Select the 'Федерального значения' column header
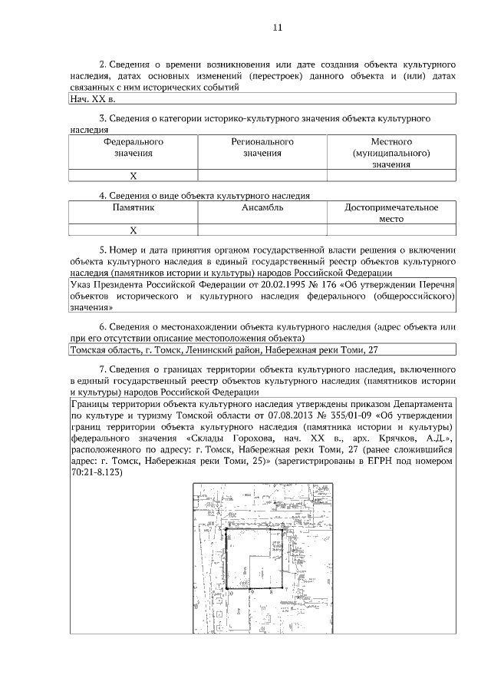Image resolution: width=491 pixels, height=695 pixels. click(x=133, y=148)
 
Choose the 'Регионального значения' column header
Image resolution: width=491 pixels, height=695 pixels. click(x=262, y=148)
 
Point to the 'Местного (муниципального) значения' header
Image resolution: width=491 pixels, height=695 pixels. click(x=391, y=153)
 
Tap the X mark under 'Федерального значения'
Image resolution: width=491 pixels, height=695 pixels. click(x=133, y=176)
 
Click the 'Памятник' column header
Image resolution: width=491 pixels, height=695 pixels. click(x=133, y=208)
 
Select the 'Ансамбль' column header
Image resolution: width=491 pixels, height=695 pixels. click(x=262, y=208)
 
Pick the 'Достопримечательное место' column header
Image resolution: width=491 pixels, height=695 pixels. click(x=391, y=213)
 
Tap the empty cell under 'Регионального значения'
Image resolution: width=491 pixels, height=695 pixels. click(x=262, y=176)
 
